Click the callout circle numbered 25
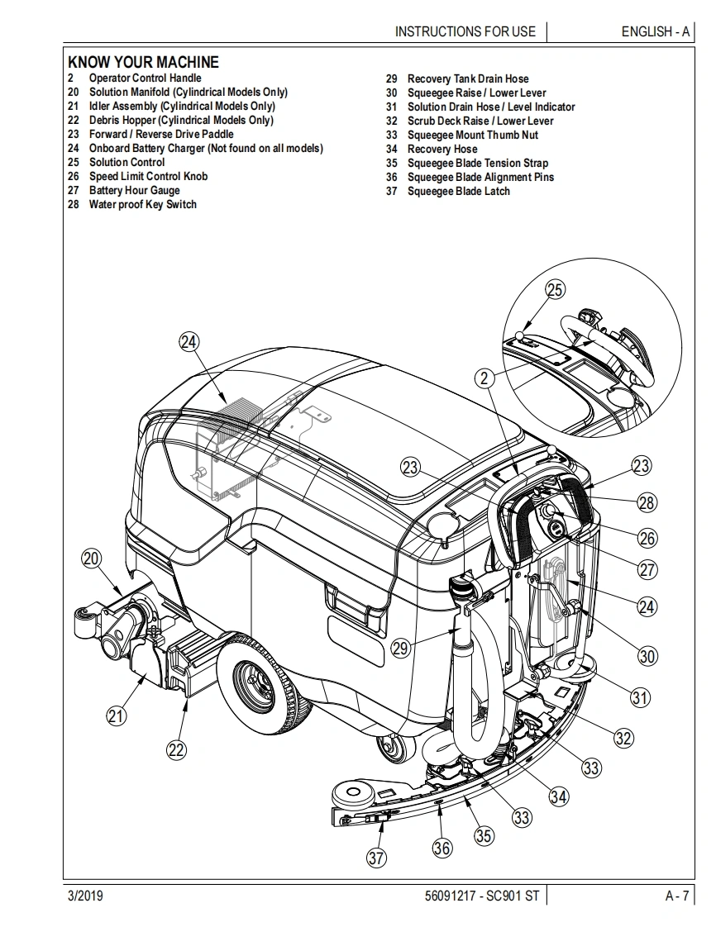point(556,289)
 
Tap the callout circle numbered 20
point(91,559)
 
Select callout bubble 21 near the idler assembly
point(117,715)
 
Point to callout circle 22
point(176,749)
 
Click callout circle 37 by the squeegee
point(376,858)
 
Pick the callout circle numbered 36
point(442,848)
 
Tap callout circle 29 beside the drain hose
point(401,649)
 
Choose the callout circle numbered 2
point(485,378)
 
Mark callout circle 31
point(640,697)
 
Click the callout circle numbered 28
point(647,502)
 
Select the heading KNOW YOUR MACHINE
point(143,62)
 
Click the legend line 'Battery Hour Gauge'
point(134,191)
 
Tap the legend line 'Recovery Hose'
point(442,150)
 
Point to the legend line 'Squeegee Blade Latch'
point(458,192)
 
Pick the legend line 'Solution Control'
point(126,163)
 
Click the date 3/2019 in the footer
point(85,896)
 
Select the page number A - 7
point(676,896)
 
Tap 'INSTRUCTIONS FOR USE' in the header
point(465,31)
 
